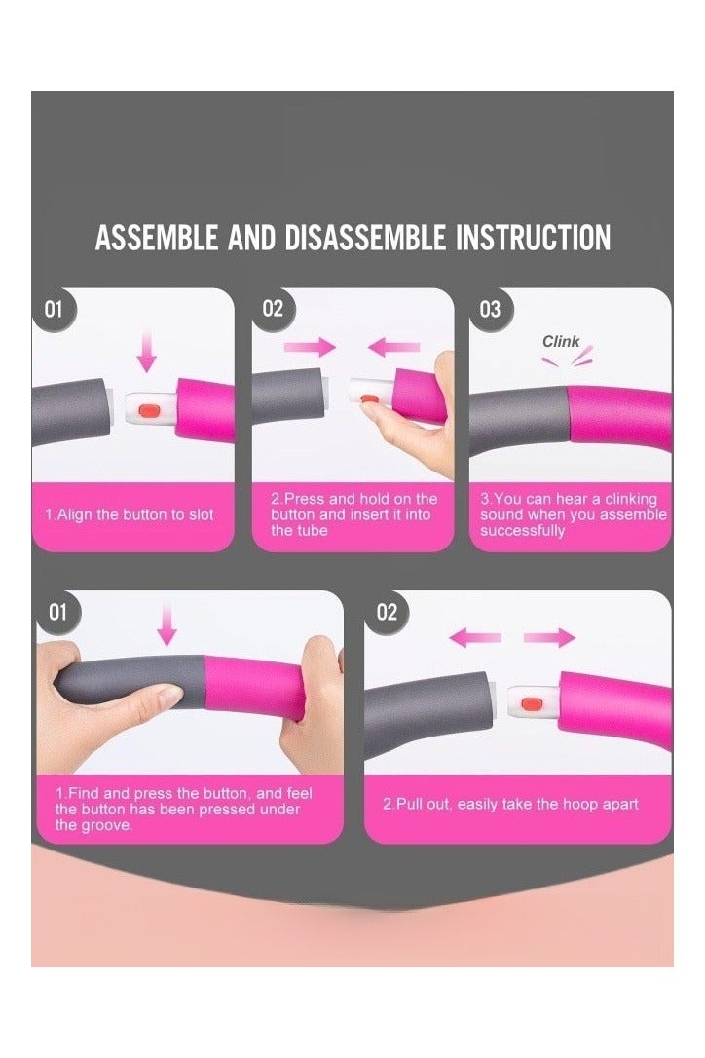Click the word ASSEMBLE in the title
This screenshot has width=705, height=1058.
click(156, 238)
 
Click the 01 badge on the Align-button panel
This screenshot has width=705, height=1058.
click(54, 310)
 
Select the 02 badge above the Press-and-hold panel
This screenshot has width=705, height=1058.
click(274, 310)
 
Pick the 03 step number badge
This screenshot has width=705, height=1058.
click(491, 310)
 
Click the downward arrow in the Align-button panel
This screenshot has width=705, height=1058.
click(146, 352)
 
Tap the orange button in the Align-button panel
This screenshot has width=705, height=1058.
click(147, 410)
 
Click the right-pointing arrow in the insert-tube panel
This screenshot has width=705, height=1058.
click(310, 348)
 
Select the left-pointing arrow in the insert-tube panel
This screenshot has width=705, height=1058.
click(393, 348)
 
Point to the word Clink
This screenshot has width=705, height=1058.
click(561, 341)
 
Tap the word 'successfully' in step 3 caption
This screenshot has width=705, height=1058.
click(522, 530)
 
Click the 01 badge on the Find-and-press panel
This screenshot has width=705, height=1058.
click(58, 613)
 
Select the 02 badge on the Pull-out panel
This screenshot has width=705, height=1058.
click(387, 613)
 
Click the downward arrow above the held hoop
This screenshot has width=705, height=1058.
click(167, 624)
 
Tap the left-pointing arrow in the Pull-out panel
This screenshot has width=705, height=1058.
click(475, 638)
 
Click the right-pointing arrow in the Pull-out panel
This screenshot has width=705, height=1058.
click(549, 638)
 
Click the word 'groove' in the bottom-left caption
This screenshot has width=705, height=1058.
click(109, 825)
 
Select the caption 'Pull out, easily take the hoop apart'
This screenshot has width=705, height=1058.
click(510, 805)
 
